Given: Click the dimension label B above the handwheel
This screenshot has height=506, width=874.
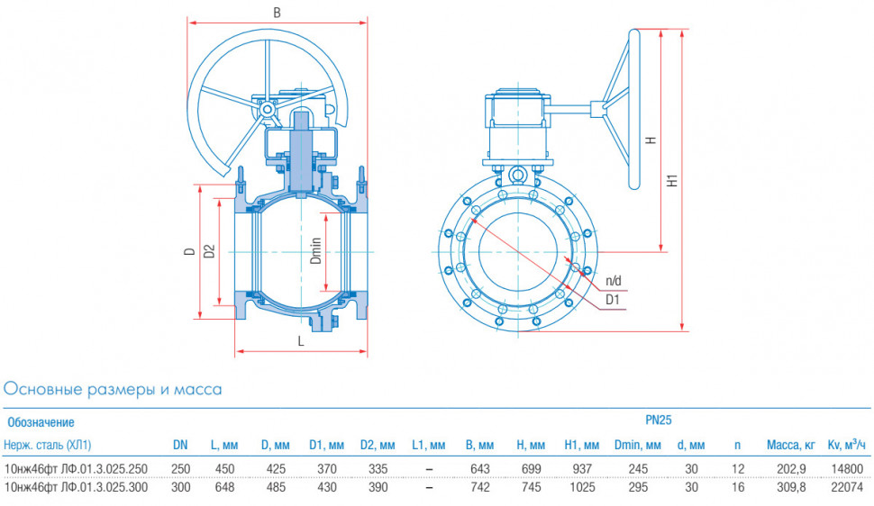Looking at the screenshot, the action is [277, 13].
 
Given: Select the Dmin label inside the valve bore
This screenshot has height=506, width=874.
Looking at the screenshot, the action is [316, 251].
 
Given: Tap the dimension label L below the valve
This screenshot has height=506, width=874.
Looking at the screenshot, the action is [301, 341].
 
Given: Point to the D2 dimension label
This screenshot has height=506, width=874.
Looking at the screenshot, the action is [209, 251].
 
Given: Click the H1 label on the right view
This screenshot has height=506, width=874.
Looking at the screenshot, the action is [673, 180].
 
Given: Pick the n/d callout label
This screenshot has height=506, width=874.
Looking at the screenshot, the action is [613, 281].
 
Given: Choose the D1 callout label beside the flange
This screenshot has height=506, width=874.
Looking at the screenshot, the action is [613, 300].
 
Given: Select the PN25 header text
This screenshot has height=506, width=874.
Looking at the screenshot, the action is [659, 420].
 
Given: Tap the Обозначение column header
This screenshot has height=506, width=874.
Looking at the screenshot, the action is [41, 422].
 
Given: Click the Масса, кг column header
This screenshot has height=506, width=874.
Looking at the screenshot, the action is [790, 445].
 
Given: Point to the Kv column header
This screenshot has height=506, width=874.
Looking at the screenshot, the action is [846, 444].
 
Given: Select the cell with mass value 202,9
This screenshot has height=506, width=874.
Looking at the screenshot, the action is [791, 469].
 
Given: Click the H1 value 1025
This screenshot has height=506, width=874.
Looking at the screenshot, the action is [581, 487].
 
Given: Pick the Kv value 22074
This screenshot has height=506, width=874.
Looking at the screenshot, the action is [847, 487].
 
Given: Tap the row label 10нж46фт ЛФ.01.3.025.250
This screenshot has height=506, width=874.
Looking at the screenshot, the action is [76, 469].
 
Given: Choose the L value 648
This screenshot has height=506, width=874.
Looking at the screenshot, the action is [224, 487].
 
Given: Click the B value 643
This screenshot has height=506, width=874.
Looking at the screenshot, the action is [480, 469].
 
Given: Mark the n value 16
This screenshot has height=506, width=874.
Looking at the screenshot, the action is [737, 487].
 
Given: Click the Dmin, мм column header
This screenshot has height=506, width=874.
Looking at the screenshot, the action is [638, 445].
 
